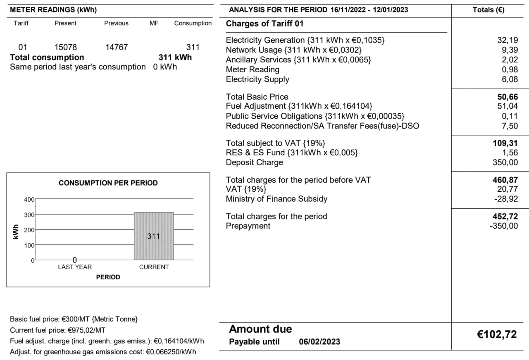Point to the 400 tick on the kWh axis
pyautogui.click(x=29, y=199)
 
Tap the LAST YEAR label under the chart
pyautogui.click(x=75, y=267)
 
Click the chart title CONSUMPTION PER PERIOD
pyautogui.click(x=108, y=183)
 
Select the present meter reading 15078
pyautogui.click(x=66, y=48)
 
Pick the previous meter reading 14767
pyautogui.click(x=117, y=48)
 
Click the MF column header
pyautogui.click(x=154, y=23)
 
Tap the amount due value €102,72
pyautogui.click(x=497, y=335)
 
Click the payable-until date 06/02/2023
pyautogui.click(x=319, y=342)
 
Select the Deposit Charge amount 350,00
pyautogui.click(x=505, y=162)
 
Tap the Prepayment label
pyautogui.click(x=248, y=226)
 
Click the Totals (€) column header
pyautogui.click(x=488, y=10)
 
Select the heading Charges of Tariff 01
pyautogui.click(x=264, y=24)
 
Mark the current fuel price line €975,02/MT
pyautogui.click(x=57, y=330)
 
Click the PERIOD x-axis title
pyautogui.click(x=108, y=277)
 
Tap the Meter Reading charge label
pyautogui.click(x=253, y=69)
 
